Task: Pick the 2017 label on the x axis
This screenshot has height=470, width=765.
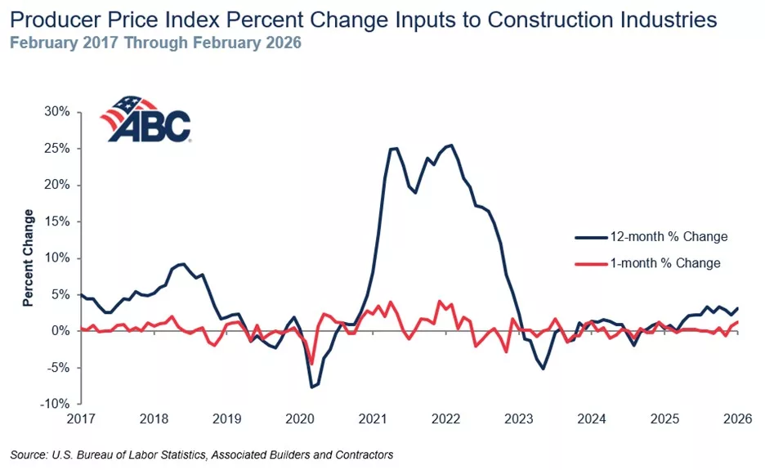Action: (81, 419)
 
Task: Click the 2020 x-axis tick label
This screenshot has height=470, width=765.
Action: (299, 419)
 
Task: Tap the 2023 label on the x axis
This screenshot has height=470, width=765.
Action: (519, 419)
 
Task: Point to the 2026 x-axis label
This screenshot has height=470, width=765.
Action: (738, 419)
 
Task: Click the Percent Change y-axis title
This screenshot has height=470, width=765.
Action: (29, 257)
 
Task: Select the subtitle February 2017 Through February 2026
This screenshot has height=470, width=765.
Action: (156, 43)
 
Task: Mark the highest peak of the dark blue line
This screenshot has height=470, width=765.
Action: (452, 145)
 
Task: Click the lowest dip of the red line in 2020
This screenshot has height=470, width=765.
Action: (311, 365)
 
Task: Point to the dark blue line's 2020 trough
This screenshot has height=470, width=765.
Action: (311, 387)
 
